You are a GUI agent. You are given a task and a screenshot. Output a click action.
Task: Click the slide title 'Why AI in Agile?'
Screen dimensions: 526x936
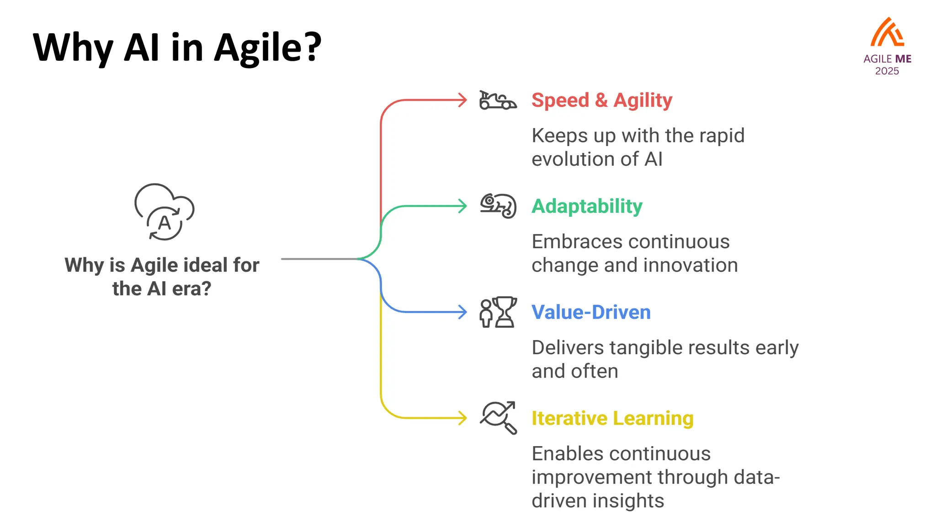coord(177,47)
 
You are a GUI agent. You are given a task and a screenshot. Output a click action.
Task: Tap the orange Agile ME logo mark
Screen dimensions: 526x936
coord(887,33)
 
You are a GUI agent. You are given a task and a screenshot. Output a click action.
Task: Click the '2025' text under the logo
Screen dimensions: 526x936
coord(887,71)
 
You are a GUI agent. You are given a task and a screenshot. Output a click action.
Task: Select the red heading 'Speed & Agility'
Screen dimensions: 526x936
coord(601,100)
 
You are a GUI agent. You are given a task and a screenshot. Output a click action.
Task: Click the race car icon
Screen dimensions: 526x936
coord(497,100)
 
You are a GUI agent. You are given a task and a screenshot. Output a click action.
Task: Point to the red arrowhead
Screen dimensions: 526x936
coord(463,100)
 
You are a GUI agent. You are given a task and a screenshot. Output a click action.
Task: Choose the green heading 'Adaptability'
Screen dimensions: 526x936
coord(587,206)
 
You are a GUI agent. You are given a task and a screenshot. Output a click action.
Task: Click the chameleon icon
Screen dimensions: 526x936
coord(498,206)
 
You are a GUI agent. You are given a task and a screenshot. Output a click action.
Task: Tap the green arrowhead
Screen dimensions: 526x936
coord(463,206)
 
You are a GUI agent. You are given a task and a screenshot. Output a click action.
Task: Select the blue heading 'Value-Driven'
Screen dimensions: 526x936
coord(590,312)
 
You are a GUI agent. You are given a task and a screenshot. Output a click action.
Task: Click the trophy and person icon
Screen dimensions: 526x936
coord(498,312)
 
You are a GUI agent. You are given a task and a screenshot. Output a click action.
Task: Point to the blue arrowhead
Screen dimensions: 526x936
coord(463,312)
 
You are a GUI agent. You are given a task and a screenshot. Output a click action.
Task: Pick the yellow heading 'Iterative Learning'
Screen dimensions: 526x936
coord(612,418)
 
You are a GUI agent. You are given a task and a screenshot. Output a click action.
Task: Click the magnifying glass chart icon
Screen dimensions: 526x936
coord(498,417)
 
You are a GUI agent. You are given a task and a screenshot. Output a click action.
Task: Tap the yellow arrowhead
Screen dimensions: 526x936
coord(463,418)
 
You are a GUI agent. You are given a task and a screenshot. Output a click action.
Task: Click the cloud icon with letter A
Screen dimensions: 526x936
coord(164,212)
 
